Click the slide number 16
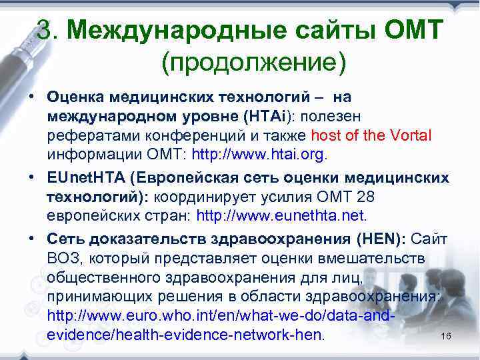pyautogui.click(x=446, y=336)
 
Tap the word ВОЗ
pyautogui.click(x=64, y=258)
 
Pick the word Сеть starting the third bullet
pyautogui.click(x=62, y=239)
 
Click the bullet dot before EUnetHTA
pyautogui.click(x=33, y=178)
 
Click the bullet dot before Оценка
pyautogui.click(x=33, y=97)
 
